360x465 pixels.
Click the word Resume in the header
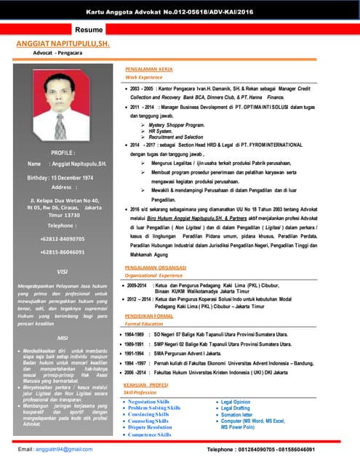point(92,30)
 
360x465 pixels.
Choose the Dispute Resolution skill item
point(150,427)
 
